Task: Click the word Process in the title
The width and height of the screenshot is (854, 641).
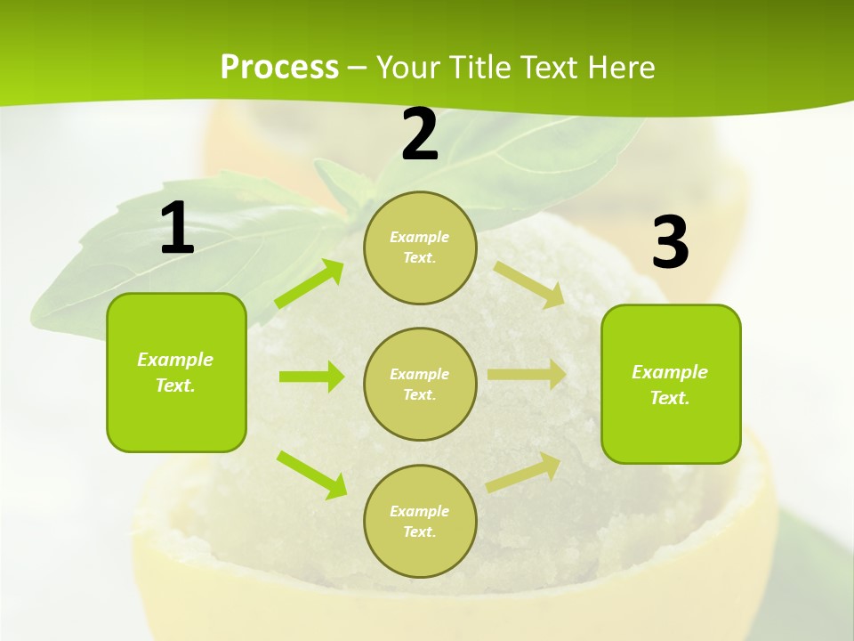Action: coord(279,68)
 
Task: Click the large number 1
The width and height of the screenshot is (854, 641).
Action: coord(176,229)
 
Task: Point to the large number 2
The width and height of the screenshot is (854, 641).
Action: coord(420,134)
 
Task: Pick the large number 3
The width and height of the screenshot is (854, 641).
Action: coord(671,242)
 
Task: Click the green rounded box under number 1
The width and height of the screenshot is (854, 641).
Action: coord(176,372)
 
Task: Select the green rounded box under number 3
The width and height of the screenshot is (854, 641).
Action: coord(671,384)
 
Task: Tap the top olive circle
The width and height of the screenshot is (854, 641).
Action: coord(420,247)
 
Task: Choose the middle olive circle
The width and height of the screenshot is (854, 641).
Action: coord(420,384)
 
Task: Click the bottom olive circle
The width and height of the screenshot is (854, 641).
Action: coord(420,521)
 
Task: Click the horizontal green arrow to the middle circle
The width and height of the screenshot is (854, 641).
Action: coord(310,377)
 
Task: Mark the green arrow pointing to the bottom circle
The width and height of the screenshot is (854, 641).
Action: coord(311,474)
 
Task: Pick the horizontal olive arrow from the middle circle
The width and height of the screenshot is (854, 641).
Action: coord(526,375)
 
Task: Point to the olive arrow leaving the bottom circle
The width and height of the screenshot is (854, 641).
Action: coord(524,472)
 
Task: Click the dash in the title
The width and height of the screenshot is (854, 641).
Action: coord(357,69)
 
